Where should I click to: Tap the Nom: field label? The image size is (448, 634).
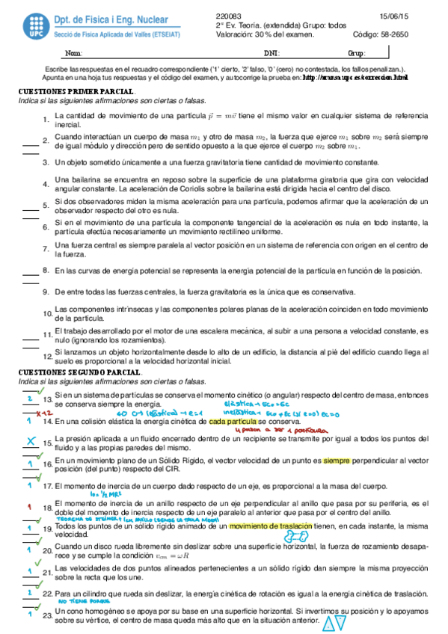[74, 55]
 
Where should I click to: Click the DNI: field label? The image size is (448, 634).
[272, 55]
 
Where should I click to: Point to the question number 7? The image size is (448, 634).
[46, 248]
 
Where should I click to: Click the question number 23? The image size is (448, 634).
[46, 615]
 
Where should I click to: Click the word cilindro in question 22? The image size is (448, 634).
[96, 594]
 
